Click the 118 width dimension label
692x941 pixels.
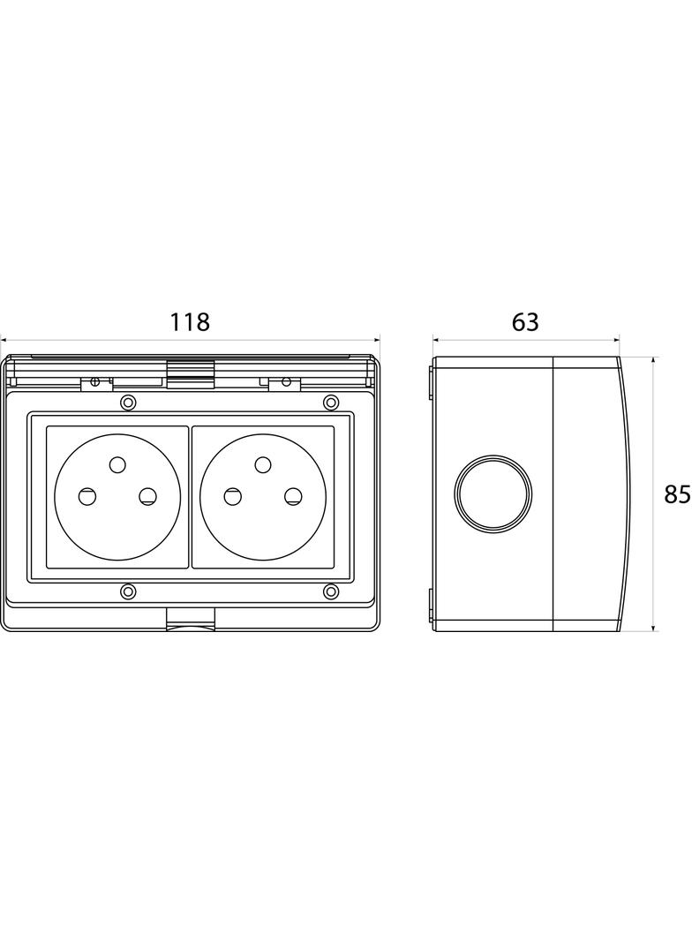(x=191, y=322)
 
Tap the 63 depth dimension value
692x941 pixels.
(x=525, y=322)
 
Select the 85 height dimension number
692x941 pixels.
(x=678, y=494)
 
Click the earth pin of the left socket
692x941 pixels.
(x=117, y=464)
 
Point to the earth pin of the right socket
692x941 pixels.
(x=263, y=464)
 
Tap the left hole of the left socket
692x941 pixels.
(x=87, y=496)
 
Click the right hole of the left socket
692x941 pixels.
(x=147, y=496)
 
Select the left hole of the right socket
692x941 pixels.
(x=233, y=496)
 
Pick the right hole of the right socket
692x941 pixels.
(x=292, y=496)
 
